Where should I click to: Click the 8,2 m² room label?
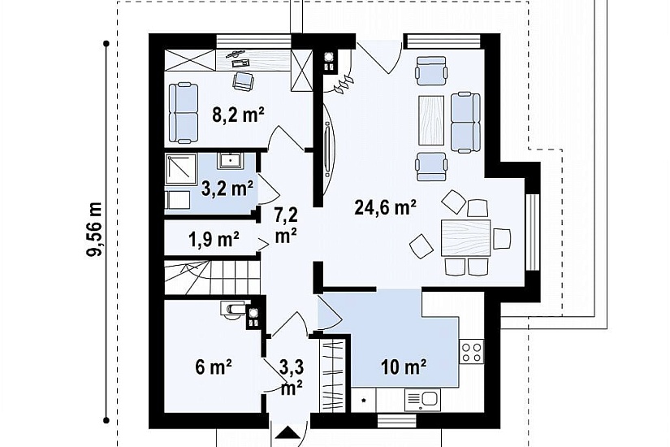(x=238, y=115)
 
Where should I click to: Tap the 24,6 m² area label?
(x=386, y=207)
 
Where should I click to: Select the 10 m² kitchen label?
(x=404, y=367)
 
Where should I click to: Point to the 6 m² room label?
(x=214, y=367)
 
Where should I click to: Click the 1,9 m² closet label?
(x=214, y=240)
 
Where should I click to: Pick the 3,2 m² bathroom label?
(x=227, y=189)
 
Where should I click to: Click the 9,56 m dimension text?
(x=94, y=229)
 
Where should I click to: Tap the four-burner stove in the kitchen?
(x=472, y=351)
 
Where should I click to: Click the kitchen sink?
(x=423, y=400)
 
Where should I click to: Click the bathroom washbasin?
(x=231, y=160)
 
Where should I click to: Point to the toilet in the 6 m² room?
(x=233, y=310)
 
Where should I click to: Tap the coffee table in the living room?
(x=431, y=119)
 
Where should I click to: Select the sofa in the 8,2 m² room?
(x=184, y=113)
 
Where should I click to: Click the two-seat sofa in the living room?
(x=465, y=122)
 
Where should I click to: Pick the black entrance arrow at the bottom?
(x=288, y=432)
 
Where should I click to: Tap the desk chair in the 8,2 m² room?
(x=243, y=81)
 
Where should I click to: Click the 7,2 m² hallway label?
(x=286, y=225)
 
